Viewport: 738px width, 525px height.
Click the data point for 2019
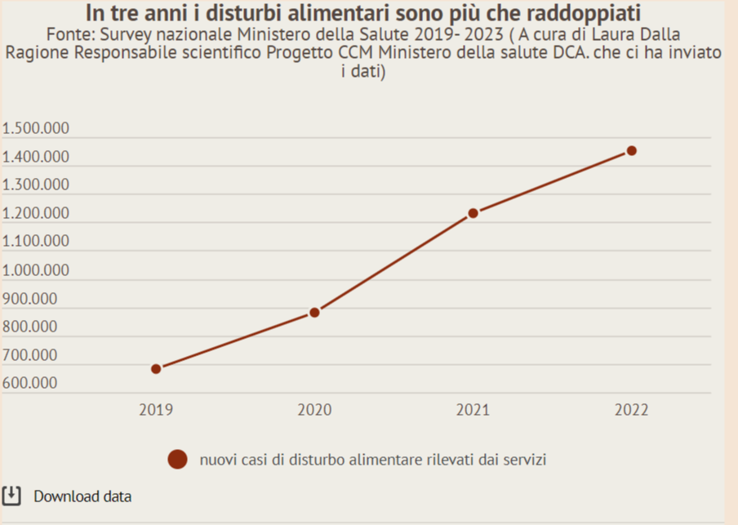[156, 368]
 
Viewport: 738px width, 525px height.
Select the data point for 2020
[314, 313]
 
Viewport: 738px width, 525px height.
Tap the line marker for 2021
[473, 213]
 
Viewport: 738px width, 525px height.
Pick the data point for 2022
[631, 150]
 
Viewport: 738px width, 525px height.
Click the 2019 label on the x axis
[156, 410]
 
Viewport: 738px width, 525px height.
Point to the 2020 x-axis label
[314, 410]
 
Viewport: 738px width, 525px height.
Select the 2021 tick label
[473, 410]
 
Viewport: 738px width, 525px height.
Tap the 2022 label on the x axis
[631, 410]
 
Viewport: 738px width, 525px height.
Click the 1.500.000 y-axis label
[36, 129]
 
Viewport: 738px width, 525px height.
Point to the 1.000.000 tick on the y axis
[36, 270]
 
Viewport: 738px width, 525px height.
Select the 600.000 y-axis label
[30, 383]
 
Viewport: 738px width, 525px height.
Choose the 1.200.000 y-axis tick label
[36, 214]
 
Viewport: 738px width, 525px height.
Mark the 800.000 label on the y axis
[30, 327]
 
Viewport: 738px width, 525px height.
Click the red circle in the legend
[177, 460]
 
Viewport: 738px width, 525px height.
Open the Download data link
[82, 496]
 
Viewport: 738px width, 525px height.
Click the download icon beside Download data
[11, 496]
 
